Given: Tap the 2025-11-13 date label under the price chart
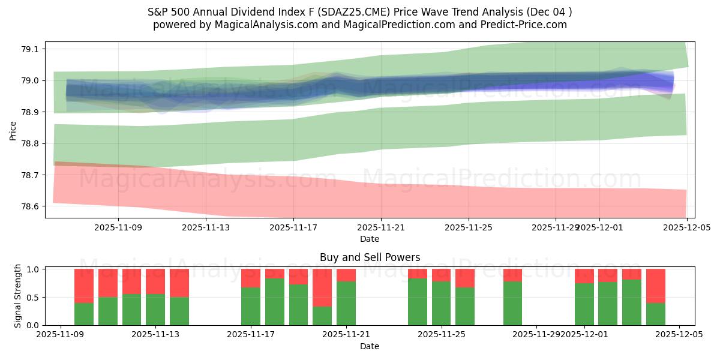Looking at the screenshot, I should coord(206,227).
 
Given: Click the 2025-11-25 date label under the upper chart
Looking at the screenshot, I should coord(469,227).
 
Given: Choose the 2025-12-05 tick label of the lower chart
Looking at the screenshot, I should coord(679,335).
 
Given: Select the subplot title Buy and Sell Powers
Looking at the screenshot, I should coord(370,257).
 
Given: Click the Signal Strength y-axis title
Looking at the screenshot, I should coord(18,296).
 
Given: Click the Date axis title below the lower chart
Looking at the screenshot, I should coord(370,346).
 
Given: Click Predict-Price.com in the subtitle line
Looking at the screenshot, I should coord(526,25).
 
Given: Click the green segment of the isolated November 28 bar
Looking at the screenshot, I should coord(512,303).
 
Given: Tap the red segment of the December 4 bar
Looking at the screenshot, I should coord(655,286).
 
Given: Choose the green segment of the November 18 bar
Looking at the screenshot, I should coord(298,304).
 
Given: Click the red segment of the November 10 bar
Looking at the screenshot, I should coord(84,286).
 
